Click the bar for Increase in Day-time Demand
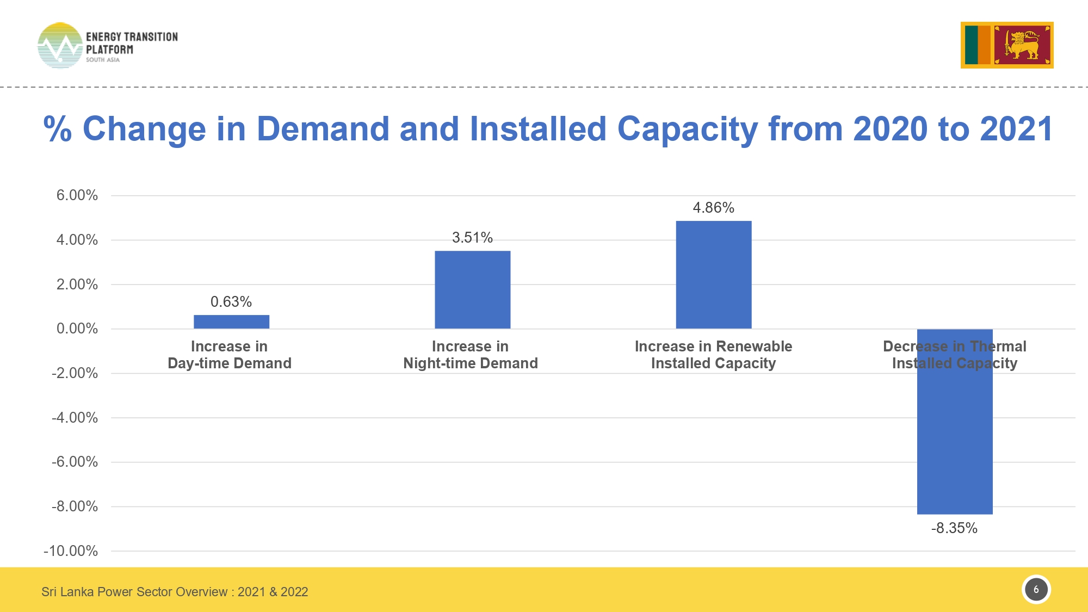point(231,322)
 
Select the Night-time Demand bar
point(472,289)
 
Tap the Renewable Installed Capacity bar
point(713,275)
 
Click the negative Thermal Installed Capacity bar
point(955,435)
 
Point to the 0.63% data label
point(231,302)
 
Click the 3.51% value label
point(472,238)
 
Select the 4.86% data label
point(713,208)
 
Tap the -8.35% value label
point(954,528)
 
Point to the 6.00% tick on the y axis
point(77,195)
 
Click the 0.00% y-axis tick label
point(77,329)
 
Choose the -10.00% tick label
point(71,551)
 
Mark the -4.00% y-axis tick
point(75,418)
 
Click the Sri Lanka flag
point(1007,45)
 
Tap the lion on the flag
point(1022,45)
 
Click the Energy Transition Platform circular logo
point(60,46)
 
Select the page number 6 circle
point(1036,590)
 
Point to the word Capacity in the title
point(687,129)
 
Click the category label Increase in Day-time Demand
point(230,355)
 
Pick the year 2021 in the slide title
point(1016,129)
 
